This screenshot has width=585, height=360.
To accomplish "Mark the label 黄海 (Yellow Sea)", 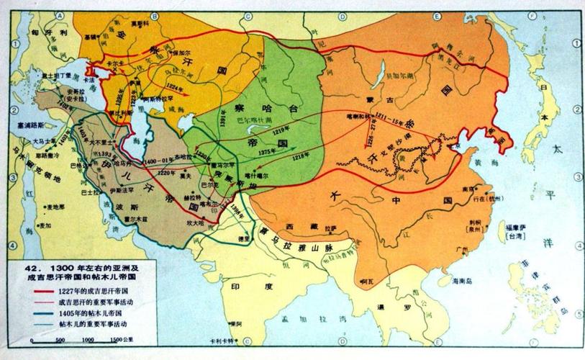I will point(479,164).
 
